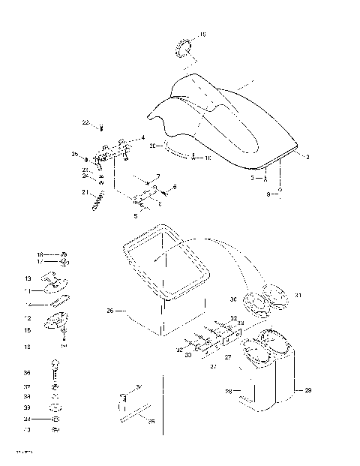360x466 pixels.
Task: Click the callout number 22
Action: tap(85, 122)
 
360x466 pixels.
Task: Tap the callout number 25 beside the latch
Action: tap(75, 155)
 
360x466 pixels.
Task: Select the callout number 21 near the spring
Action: tap(85, 192)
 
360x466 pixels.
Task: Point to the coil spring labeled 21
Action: tap(98, 200)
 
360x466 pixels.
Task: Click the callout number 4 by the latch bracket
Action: tap(143, 137)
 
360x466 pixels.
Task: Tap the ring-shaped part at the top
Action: tap(184, 50)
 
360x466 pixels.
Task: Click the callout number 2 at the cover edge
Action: tap(307, 156)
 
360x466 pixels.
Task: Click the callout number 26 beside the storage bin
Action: tap(109, 309)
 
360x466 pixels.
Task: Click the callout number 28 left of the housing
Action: tap(228, 392)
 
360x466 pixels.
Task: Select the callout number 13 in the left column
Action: tap(28, 278)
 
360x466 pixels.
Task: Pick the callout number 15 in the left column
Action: tap(28, 329)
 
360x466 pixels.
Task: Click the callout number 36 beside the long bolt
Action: tap(28, 373)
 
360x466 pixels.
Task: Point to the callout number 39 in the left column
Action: tap(28, 407)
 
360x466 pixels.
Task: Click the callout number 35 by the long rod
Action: tap(151, 422)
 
